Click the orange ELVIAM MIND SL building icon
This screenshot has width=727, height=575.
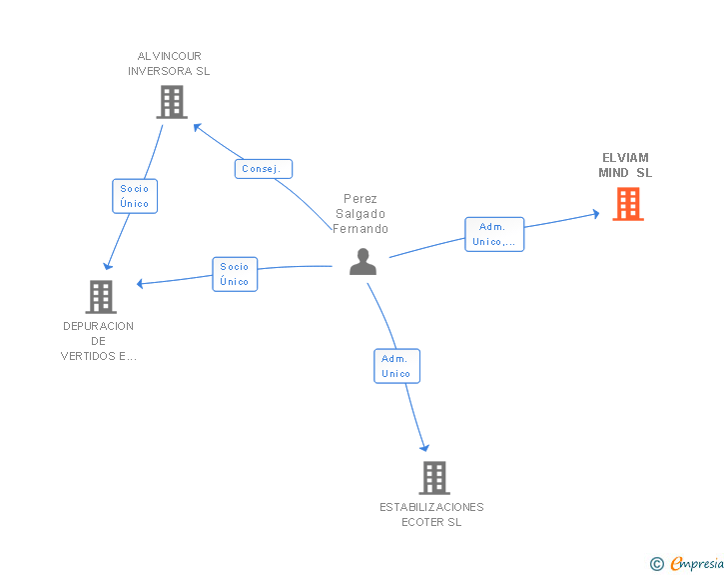point(627,204)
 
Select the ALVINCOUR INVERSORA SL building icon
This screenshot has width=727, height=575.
point(172,102)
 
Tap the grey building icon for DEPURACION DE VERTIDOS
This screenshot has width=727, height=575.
point(101,296)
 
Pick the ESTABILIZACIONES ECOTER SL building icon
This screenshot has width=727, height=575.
point(434,478)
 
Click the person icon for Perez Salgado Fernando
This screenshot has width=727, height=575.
point(363,262)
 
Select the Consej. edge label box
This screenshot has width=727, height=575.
point(264,169)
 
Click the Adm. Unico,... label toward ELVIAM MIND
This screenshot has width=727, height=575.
point(493,234)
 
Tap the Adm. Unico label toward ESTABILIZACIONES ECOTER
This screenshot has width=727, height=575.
point(396,365)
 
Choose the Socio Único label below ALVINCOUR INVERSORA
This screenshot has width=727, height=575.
point(134,195)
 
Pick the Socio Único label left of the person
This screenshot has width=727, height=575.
point(235,274)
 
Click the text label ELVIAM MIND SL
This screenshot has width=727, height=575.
point(625,165)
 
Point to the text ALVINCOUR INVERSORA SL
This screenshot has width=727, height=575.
point(169,63)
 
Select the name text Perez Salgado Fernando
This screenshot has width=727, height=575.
point(361,214)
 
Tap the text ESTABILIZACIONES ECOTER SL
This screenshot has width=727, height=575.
point(431,514)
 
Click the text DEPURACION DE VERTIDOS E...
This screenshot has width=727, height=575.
point(99,341)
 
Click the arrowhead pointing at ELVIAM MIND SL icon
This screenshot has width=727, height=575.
point(595,213)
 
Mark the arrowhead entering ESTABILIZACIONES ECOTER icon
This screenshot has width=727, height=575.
point(425,447)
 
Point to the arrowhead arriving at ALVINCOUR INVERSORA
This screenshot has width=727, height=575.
point(198,127)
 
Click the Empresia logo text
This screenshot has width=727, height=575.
point(696,564)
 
